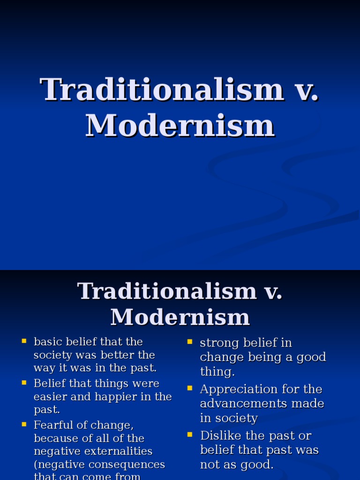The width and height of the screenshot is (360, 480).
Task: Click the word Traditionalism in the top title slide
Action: (162, 89)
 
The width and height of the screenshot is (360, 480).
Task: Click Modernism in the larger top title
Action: (180, 126)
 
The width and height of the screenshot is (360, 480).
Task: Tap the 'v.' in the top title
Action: (307, 89)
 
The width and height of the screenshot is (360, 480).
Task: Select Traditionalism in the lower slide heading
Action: (167, 291)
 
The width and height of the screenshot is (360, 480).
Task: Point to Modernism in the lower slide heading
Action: (180, 317)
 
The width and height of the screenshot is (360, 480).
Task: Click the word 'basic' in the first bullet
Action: (47, 342)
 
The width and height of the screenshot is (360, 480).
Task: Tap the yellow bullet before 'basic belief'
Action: (23, 341)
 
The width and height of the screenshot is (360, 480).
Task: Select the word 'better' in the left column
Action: (112, 355)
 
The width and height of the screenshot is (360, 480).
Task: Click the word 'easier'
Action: (50, 397)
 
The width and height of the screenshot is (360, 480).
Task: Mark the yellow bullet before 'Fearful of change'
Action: (23, 424)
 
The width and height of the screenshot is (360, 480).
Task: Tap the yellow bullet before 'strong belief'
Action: (190, 342)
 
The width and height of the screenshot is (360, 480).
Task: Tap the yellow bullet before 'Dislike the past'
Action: (190, 435)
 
